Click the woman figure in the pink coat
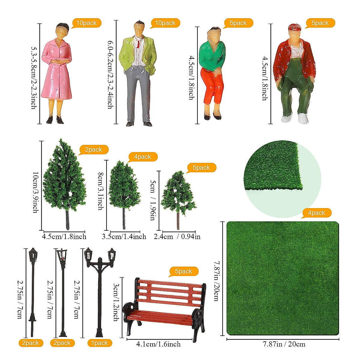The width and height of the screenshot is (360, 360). click(x=57, y=72)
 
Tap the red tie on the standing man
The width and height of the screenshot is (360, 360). click(x=138, y=44)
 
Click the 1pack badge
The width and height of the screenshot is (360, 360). click(x=100, y=343)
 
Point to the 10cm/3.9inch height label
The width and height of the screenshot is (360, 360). click(x=35, y=192)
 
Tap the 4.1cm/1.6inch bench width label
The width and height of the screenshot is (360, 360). click(x=158, y=344)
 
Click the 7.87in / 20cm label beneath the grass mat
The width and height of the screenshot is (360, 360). click(x=284, y=344)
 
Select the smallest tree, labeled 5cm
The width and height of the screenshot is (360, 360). click(x=178, y=195)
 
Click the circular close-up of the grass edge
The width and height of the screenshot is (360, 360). click(x=282, y=179)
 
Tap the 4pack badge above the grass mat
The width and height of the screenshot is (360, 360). click(x=316, y=213)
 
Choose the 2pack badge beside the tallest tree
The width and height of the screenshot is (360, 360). click(x=93, y=150)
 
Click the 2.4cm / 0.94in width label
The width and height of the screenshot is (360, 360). click(x=177, y=237)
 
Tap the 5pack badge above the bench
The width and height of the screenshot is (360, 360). click(x=183, y=271)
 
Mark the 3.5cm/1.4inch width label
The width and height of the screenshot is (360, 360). click(x=124, y=237)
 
